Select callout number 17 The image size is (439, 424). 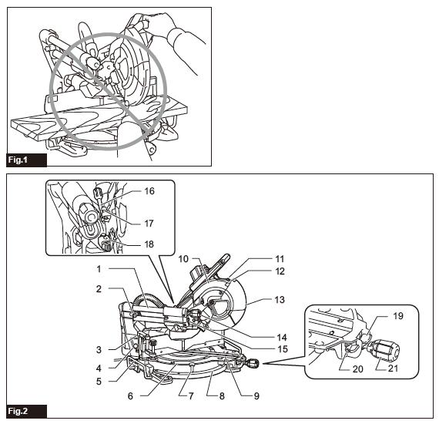tap(149, 223)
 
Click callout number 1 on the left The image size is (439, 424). tap(99, 268)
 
